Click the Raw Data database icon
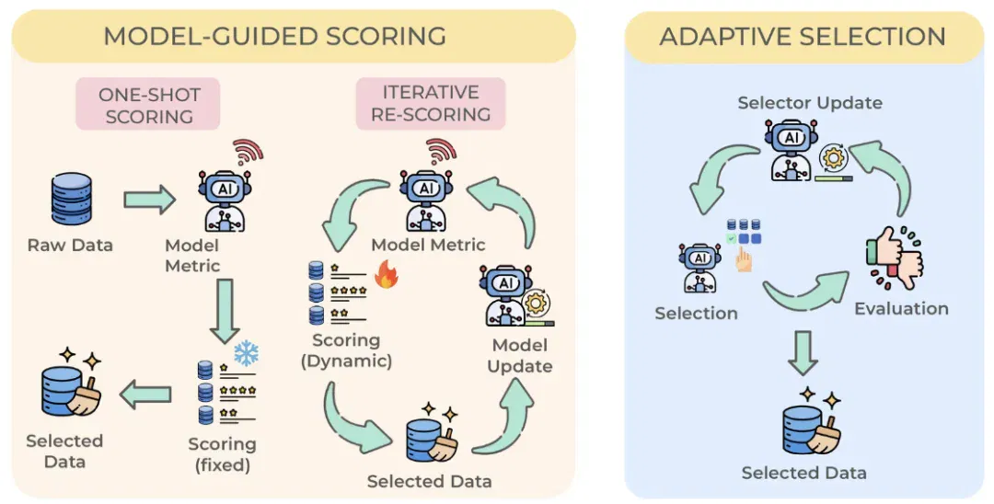(71, 199)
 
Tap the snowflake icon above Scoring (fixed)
(246, 353)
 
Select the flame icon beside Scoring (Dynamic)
(386, 275)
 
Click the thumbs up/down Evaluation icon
(895, 258)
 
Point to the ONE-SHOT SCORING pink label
(149, 105)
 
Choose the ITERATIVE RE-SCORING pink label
(431, 103)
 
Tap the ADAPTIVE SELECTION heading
(803, 36)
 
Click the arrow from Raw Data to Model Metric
(150, 200)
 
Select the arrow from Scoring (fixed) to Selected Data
(145, 395)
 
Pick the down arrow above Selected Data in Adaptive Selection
(803, 352)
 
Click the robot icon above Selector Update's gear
(792, 149)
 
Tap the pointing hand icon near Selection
(744, 259)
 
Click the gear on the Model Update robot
(537, 303)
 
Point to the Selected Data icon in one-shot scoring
(70, 386)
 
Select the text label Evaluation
(901, 309)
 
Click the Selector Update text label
(810, 103)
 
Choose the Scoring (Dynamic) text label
(346, 350)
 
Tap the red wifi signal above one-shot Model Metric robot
(248, 151)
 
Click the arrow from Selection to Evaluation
(806, 293)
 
